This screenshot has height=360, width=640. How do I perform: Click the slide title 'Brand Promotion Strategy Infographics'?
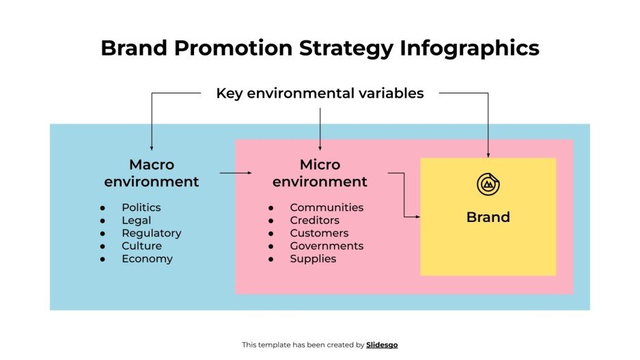point(320,48)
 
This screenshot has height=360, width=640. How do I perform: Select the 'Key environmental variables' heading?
point(320,93)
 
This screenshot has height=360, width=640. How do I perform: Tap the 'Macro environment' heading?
point(152,173)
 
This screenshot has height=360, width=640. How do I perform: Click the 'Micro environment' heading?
point(320,173)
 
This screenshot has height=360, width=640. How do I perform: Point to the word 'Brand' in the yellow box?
point(488,217)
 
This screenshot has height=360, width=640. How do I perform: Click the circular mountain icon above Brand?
point(488,184)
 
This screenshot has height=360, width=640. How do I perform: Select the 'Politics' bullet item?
point(141,207)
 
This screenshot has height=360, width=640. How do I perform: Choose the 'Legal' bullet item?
point(137,220)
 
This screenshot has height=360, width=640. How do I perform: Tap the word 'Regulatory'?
point(152,233)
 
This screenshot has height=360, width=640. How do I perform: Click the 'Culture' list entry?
point(142,246)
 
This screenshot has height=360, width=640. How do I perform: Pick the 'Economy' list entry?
point(147,259)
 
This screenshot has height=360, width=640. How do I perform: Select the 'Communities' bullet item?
point(326,207)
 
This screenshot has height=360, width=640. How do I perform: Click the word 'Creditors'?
point(314,220)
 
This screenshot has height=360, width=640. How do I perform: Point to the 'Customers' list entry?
point(319,233)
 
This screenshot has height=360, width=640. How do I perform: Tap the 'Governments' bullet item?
point(326,246)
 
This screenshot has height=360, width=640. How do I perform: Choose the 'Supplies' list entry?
point(313,259)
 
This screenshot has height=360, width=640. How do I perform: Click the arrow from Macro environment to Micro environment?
point(236,173)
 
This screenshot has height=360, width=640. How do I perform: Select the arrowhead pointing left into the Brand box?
point(417,217)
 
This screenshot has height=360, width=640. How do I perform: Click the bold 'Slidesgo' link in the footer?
point(382,345)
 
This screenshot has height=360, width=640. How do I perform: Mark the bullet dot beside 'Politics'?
point(102,207)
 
